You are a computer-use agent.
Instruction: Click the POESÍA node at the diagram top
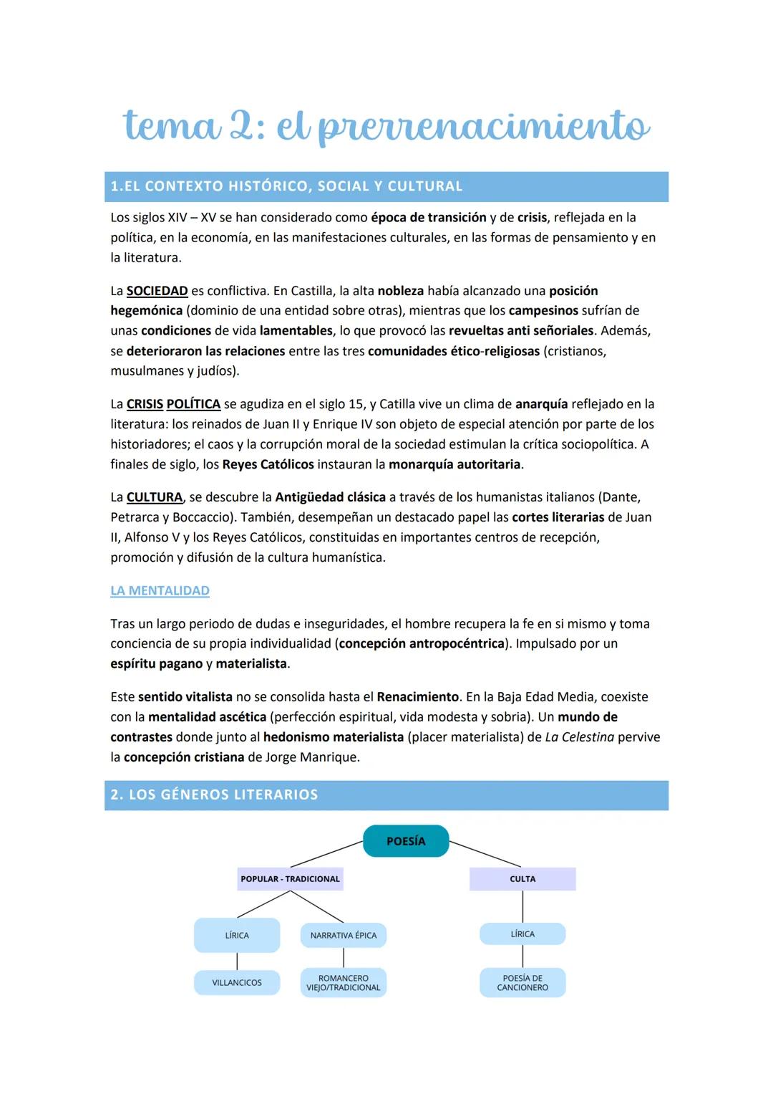click(x=406, y=841)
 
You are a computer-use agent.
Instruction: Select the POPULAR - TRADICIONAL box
click(x=290, y=879)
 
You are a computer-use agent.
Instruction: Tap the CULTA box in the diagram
click(x=522, y=879)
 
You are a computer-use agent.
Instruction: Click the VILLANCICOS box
click(x=237, y=982)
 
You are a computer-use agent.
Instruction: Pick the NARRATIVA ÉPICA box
click(x=344, y=935)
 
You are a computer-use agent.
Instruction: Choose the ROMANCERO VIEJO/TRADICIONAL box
click(x=344, y=982)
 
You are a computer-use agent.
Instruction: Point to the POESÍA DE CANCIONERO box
click(x=522, y=982)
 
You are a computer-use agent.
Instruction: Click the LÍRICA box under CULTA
click(x=522, y=934)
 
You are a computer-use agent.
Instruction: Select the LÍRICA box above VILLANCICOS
click(x=237, y=935)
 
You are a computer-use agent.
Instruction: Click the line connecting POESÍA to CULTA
click(x=485, y=854)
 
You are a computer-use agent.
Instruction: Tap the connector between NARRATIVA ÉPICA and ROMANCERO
click(x=344, y=958)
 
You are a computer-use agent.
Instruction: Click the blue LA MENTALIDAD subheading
click(x=160, y=590)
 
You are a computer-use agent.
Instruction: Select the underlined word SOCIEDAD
click(x=157, y=291)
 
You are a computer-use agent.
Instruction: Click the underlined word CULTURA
click(x=155, y=497)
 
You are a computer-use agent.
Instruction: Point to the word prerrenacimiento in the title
click(x=484, y=127)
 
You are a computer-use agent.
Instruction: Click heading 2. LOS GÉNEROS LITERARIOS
click(x=214, y=795)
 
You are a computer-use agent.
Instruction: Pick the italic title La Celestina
click(x=579, y=736)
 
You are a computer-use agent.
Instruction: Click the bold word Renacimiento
click(x=417, y=696)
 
